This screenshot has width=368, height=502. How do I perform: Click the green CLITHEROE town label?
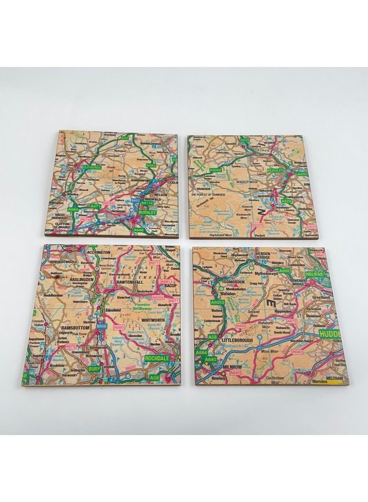coord(91,167)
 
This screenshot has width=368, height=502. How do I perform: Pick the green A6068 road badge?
coord(216,170)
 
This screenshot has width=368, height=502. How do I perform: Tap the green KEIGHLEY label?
coord(276,170)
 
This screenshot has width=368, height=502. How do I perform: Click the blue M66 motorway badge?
coord(101,326)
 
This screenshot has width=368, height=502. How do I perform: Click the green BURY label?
coord(94,369)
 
